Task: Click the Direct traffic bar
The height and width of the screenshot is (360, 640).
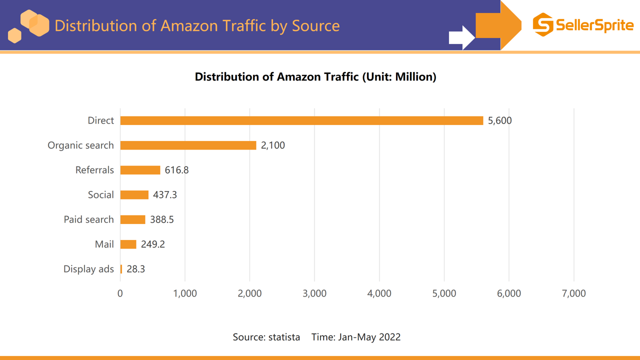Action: click(x=301, y=120)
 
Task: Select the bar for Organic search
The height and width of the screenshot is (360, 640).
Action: click(x=188, y=145)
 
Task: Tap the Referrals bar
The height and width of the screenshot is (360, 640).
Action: click(x=140, y=170)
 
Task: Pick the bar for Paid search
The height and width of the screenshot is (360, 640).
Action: click(x=132, y=219)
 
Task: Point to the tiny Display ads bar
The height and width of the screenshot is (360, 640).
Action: click(x=121, y=269)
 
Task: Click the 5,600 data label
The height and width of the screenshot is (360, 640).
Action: click(x=499, y=120)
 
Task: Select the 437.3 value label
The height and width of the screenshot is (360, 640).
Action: click(x=165, y=195)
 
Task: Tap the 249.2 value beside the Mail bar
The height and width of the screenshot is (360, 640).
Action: click(x=152, y=244)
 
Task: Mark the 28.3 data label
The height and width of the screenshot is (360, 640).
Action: click(x=135, y=269)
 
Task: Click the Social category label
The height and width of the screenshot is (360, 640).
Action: click(x=100, y=195)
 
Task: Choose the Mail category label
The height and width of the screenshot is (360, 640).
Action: click(x=104, y=244)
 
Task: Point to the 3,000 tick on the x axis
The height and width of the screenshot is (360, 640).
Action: click(x=314, y=293)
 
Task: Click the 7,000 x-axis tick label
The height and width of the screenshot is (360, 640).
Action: click(x=573, y=293)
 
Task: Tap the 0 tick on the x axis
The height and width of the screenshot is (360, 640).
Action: click(x=120, y=293)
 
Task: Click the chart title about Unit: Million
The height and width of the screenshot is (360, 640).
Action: click(x=315, y=77)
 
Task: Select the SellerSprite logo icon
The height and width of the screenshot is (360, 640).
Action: click(x=543, y=24)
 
